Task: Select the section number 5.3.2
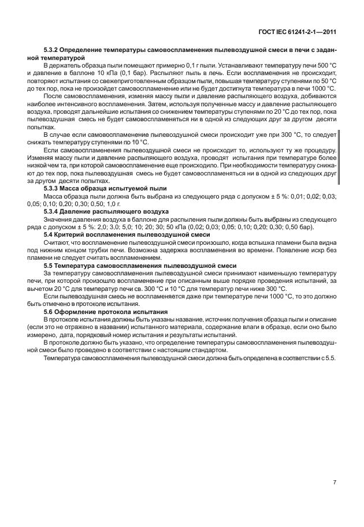click(x=53, y=51)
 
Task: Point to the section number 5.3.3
click(x=53, y=189)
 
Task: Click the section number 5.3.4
click(x=53, y=212)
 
